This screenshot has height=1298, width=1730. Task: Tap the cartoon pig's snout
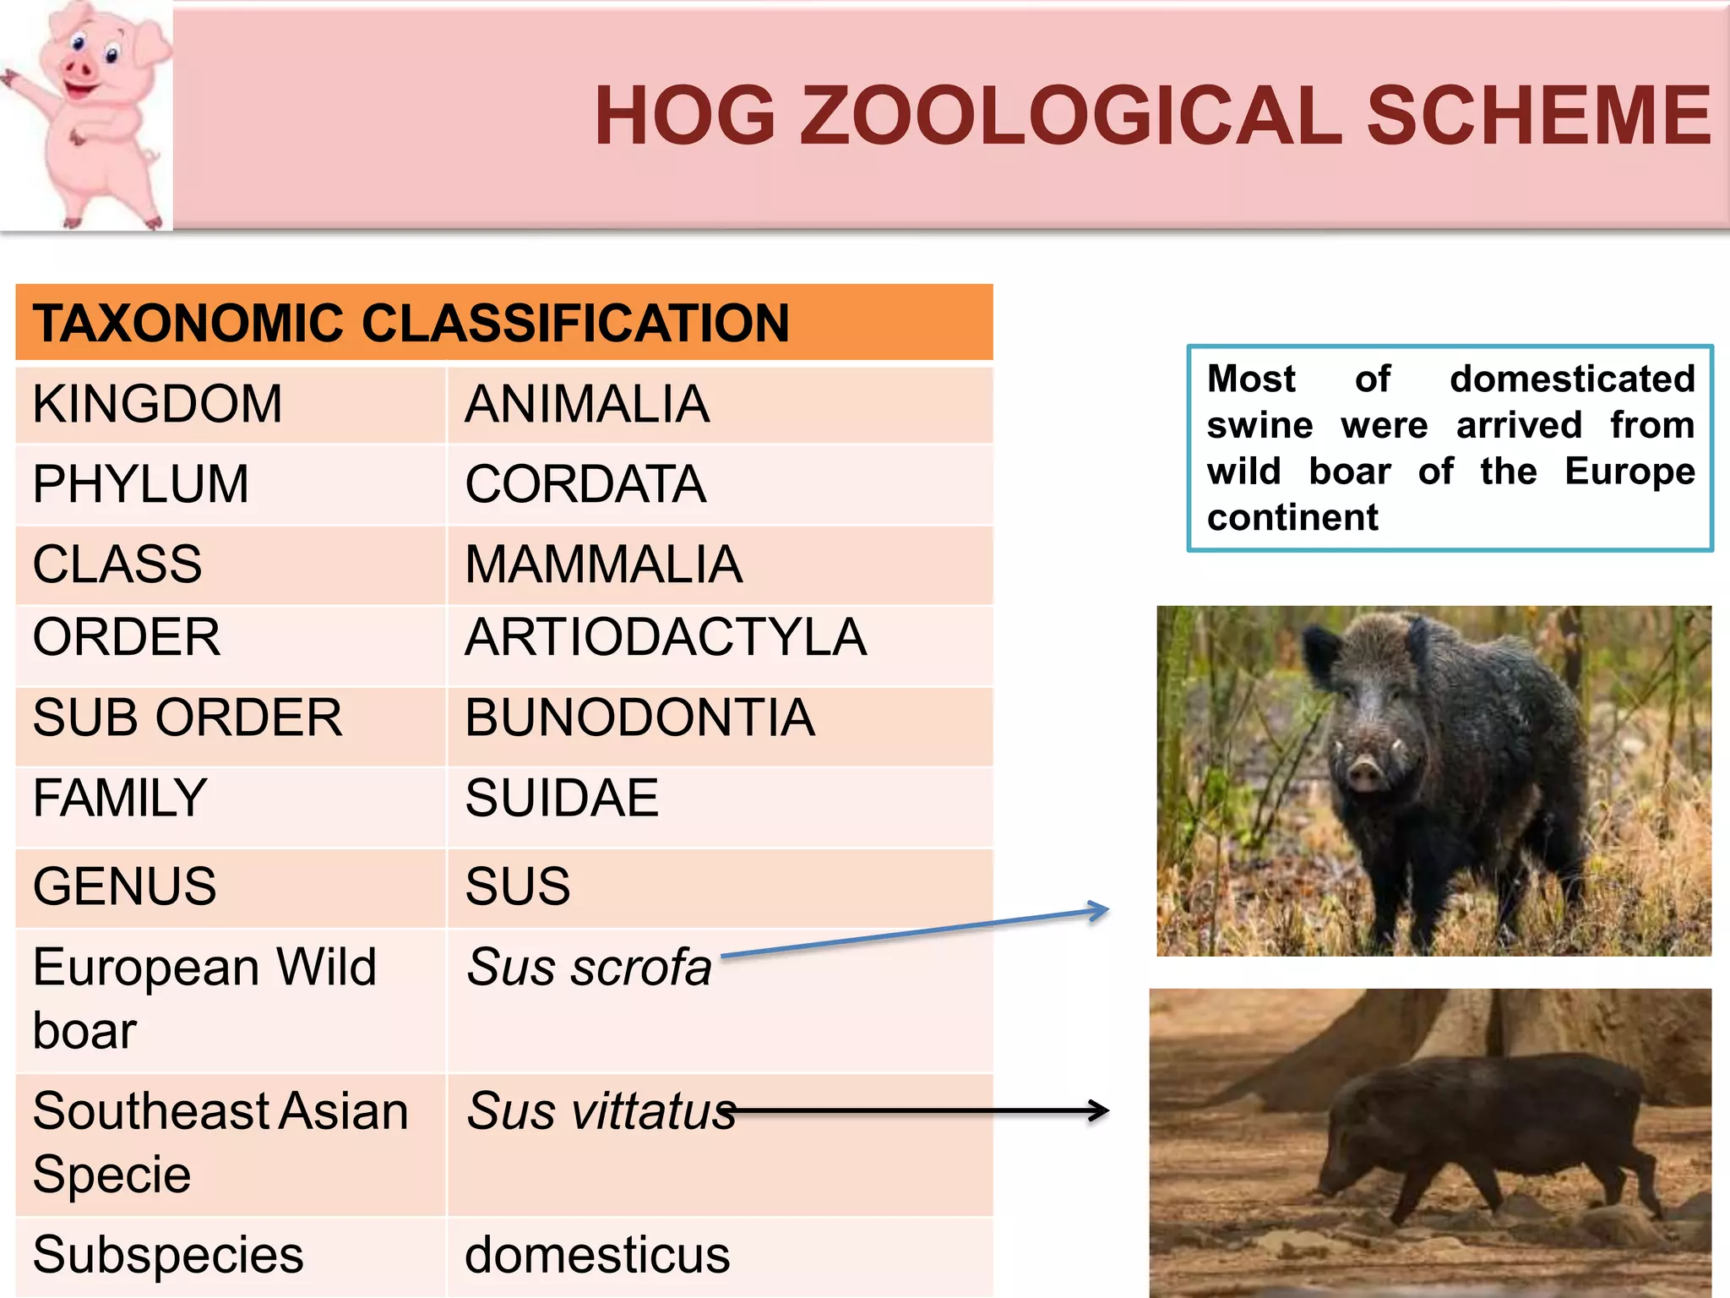80,68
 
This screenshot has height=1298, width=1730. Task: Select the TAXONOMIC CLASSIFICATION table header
411,324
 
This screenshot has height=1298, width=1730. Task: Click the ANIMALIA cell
587,404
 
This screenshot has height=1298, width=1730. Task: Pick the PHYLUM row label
141,484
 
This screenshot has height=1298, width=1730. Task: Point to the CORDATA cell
585,484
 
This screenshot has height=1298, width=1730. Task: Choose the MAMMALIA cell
603,564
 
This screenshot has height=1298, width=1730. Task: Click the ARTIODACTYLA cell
666,637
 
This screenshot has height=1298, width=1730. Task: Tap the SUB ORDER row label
188,718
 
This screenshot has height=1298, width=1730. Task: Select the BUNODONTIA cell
639,718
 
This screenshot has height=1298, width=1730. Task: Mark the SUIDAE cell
562,799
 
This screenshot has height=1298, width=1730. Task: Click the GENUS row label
125,886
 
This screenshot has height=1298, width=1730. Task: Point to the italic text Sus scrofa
589,968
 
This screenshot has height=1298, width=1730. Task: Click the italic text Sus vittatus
601,1111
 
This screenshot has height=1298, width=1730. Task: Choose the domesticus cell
597,1255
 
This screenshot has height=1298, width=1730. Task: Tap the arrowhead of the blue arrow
1100,911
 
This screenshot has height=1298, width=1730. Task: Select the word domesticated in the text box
1572,379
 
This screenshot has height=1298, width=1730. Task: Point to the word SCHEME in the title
1539,117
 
